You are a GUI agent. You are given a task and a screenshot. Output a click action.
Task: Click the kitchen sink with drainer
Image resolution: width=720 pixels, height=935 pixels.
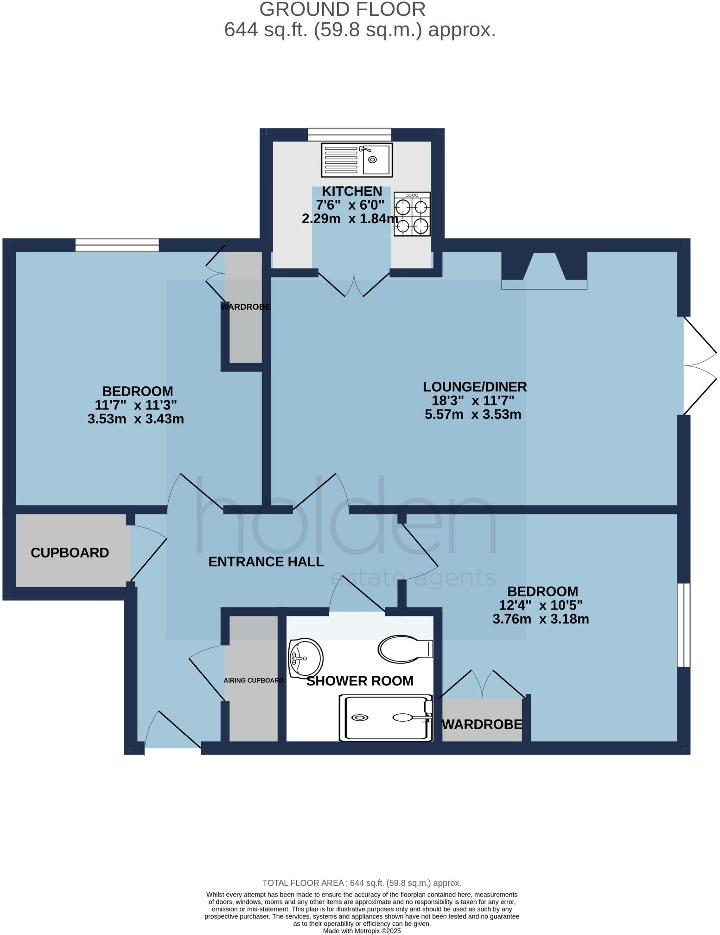[x=357, y=160]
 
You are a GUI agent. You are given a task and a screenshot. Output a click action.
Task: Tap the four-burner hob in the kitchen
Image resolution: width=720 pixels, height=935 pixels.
[x=412, y=214]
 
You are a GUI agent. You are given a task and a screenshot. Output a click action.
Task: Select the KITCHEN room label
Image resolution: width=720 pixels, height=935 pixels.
[x=352, y=191]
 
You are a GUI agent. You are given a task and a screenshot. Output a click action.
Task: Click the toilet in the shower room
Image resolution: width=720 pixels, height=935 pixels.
[x=405, y=648]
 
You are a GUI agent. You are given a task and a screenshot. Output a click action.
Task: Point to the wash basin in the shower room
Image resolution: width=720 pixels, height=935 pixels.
[x=305, y=658]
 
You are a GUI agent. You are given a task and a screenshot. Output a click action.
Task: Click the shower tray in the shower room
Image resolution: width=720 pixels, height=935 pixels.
[x=386, y=717]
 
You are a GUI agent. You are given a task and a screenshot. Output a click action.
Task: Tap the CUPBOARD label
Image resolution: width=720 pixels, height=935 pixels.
[x=70, y=553]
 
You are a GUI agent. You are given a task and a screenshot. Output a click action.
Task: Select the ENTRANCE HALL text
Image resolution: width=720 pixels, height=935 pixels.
[x=266, y=562]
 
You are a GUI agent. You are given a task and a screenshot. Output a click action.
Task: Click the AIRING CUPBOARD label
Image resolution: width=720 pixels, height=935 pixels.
[x=253, y=680]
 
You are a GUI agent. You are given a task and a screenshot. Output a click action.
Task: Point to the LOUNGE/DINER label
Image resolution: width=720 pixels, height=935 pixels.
[x=475, y=386]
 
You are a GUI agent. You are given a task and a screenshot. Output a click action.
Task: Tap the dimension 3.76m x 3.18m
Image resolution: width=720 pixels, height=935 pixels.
[x=541, y=619]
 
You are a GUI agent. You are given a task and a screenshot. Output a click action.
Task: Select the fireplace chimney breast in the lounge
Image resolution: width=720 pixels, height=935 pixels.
[x=544, y=271]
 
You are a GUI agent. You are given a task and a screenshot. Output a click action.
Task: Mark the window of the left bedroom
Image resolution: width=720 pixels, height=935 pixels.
[x=117, y=244]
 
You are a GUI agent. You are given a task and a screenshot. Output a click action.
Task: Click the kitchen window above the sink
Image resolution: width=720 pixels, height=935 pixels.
[x=349, y=134]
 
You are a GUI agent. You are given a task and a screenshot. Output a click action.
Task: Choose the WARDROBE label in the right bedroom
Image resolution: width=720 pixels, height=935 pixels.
[x=482, y=724]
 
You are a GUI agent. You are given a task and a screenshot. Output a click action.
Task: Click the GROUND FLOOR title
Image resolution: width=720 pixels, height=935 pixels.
[x=342, y=9]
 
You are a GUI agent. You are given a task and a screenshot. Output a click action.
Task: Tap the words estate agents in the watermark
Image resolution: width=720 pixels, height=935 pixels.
[x=413, y=578]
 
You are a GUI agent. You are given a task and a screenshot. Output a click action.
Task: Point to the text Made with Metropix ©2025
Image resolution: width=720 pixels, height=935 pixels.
[x=362, y=930]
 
